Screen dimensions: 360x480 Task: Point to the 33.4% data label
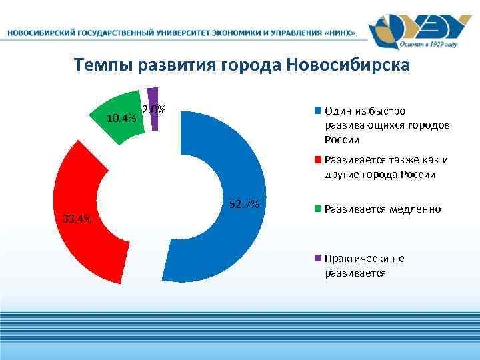tap(77, 219)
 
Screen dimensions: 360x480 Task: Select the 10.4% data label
tap(121, 119)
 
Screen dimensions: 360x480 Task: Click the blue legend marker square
tap(318, 111)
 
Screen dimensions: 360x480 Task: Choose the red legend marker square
tap(318, 160)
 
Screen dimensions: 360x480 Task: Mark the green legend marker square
tap(318, 209)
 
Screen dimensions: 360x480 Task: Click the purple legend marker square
tap(318, 259)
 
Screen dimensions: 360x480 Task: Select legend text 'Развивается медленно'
tap(383, 209)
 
